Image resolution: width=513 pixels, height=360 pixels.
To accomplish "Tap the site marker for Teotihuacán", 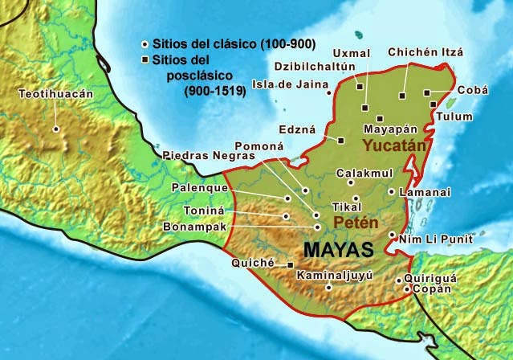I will point(56,129).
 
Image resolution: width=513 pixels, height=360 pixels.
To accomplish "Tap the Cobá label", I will point(472,91).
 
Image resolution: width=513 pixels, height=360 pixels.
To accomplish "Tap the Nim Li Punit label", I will point(437,239).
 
